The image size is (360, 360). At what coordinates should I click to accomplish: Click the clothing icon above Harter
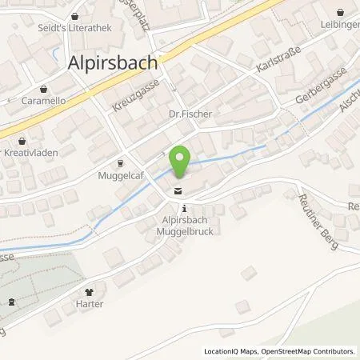tap(90, 292)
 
